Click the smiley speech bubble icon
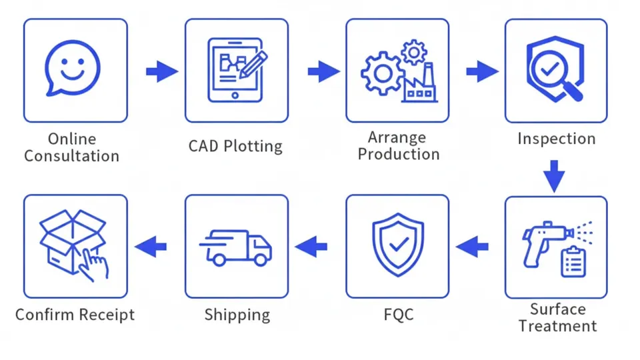click(x=73, y=69)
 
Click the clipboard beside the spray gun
click(x=573, y=261)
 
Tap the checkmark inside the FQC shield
click(x=399, y=245)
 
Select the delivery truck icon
click(x=237, y=247)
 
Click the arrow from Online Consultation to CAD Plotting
click(x=161, y=71)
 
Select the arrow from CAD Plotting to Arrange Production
click(x=323, y=71)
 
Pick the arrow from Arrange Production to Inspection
click(x=482, y=71)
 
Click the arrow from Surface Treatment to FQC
click(x=473, y=247)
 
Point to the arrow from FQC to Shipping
click(x=311, y=247)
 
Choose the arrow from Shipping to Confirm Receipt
click(x=151, y=247)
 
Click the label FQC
click(x=399, y=314)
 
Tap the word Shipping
click(x=237, y=315)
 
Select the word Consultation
click(x=72, y=157)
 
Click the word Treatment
click(x=557, y=326)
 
